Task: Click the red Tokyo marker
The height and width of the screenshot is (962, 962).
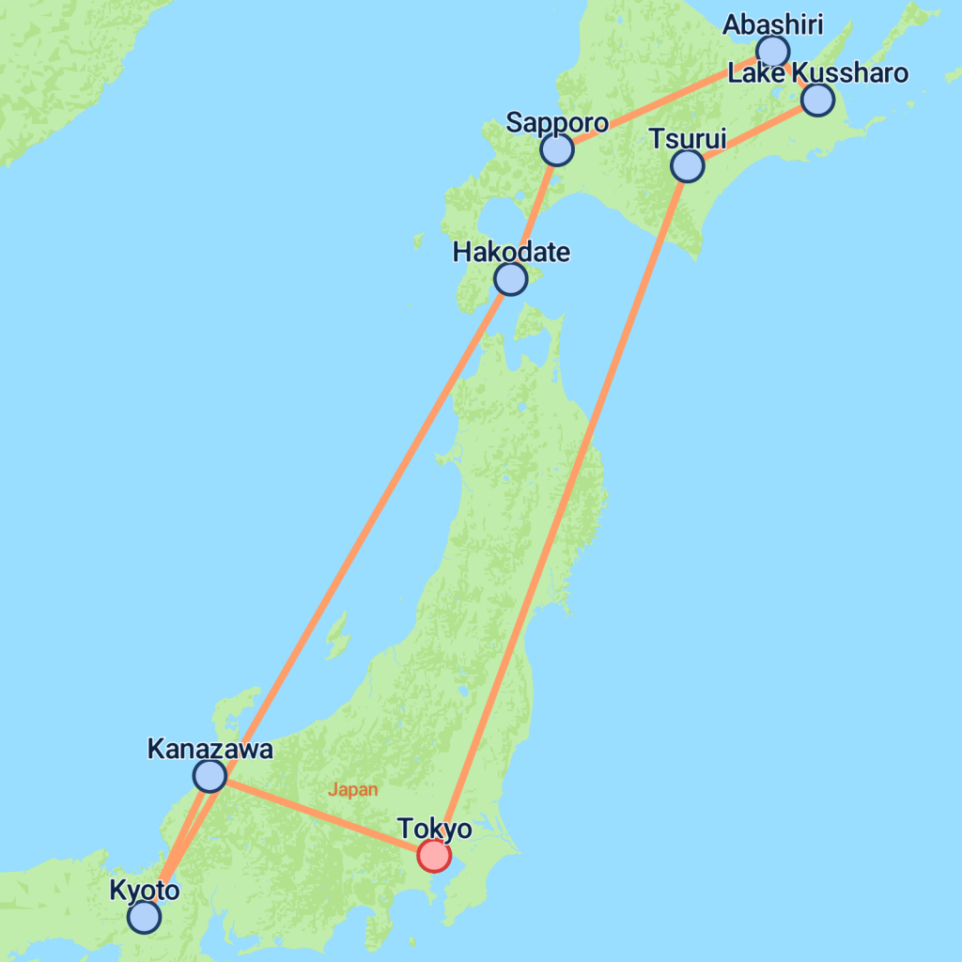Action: [433, 856]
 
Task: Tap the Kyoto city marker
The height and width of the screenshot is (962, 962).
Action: [144, 917]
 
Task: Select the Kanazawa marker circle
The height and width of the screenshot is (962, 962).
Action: [209, 776]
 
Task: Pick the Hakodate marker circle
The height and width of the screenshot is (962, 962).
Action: [510, 279]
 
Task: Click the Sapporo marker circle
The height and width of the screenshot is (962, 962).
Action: [557, 149]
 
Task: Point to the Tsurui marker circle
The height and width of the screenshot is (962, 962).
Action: [688, 166]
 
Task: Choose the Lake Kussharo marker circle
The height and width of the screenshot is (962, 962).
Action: [817, 100]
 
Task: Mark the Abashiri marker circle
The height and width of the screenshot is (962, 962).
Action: [773, 51]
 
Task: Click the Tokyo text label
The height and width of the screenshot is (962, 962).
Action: [434, 829]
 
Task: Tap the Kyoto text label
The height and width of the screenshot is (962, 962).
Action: [144, 890]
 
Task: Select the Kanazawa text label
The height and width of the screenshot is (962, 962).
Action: [210, 749]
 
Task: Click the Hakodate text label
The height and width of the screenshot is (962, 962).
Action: [511, 252]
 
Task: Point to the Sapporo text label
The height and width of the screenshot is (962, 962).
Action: [557, 122]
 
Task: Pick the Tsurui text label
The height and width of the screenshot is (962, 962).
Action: [688, 139]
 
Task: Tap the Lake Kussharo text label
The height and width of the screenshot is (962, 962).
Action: [818, 73]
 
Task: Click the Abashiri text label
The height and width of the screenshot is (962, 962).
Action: [772, 24]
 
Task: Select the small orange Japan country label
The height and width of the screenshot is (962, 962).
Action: [352, 790]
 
